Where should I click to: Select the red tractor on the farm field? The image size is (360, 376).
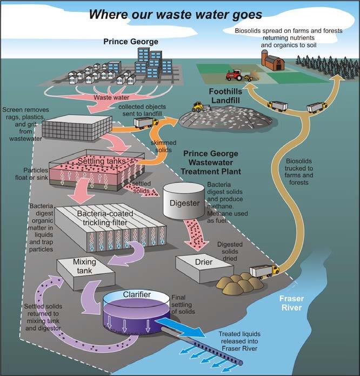(237, 75)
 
